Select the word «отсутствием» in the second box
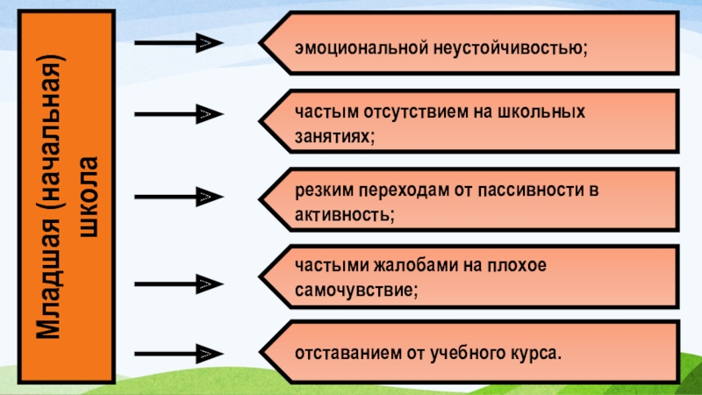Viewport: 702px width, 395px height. click(399, 113)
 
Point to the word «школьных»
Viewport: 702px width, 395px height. click(544, 113)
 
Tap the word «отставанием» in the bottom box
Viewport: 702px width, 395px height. click(346, 355)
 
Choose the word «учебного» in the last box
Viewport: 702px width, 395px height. click(462, 355)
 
